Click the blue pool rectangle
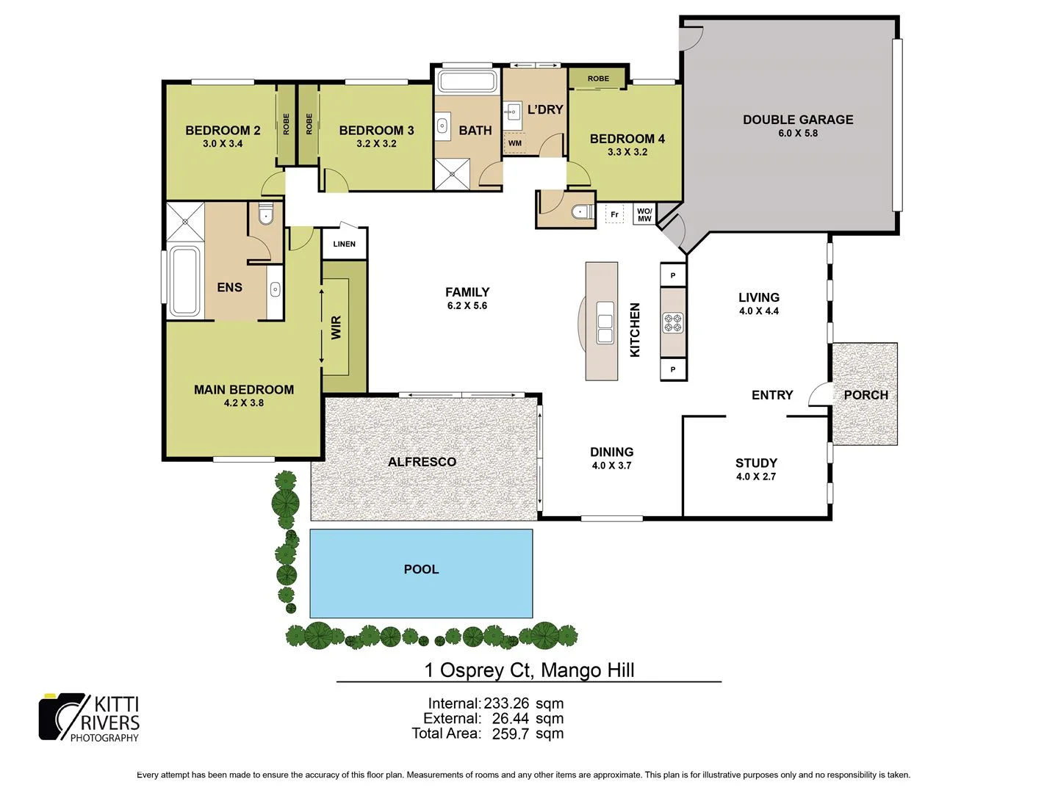coord(421,573)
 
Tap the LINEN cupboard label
coord(344,244)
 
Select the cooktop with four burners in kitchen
coord(673,322)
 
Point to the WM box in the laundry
coord(515,143)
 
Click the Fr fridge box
coord(614,214)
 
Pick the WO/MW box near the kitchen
coord(644,214)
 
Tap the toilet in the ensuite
coord(266,214)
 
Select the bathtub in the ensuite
coord(184,281)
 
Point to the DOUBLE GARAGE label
coord(798,120)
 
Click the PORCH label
coord(866,395)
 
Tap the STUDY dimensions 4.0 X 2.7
coord(756,477)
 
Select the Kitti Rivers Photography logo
coord(90,717)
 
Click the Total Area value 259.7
coord(510,734)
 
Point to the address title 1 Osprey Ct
coord(529,670)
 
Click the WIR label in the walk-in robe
coord(337,327)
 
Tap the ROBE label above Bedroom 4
coord(598,79)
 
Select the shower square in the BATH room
coord(452,174)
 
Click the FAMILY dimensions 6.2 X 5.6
coord(467,305)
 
